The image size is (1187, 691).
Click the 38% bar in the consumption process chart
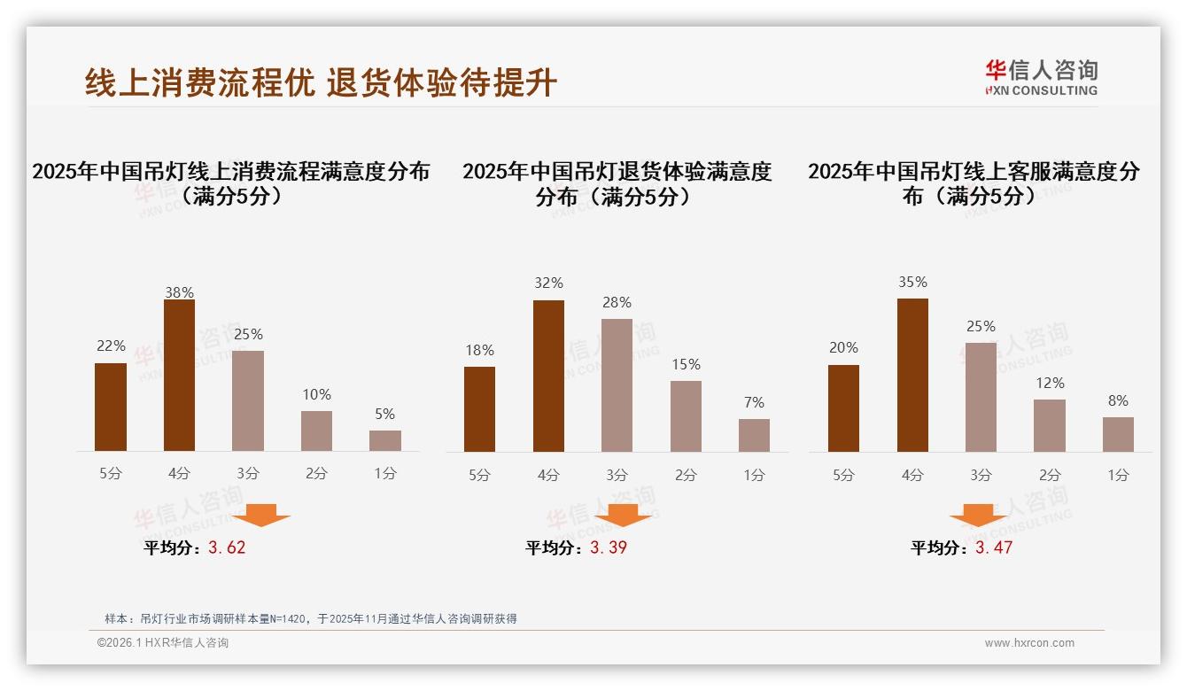click(179, 376)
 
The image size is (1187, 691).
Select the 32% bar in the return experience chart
click(548, 376)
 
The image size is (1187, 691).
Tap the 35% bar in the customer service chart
click(912, 375)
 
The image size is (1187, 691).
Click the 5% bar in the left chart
click(385, 440)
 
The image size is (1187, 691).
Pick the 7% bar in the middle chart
click(754, 435)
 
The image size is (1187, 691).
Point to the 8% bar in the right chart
click(1118, 434)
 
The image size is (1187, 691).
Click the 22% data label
click(111, 345)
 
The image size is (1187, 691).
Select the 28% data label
click(617, 303)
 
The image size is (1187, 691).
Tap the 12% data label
click(1050, 383)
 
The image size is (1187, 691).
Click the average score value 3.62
click(227, 547)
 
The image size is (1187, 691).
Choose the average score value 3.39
click(609, 547)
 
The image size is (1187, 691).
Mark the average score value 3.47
click(994, 547)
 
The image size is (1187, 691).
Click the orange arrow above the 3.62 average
click(260, 515)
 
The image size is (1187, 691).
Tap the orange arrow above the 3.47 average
click(978, 515)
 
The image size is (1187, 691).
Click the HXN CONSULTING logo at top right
click(1041, 77)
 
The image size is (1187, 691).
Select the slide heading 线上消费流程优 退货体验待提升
click(321, 82)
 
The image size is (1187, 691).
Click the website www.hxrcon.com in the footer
click(1029, 643)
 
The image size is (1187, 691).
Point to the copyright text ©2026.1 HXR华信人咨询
click(163, 643)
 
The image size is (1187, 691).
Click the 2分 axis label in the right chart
click(1050, 475)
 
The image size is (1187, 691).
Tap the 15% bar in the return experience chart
click(686, 416)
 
